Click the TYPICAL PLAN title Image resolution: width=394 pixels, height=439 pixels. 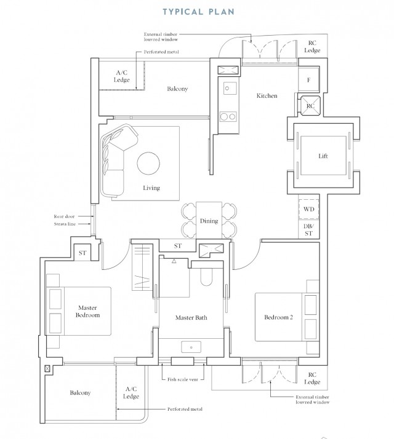tap(197, 11)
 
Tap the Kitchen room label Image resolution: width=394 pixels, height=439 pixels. tap(267, 96)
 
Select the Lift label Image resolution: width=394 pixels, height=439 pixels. tap(323, 156)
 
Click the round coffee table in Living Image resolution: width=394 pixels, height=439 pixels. tap(150, 164)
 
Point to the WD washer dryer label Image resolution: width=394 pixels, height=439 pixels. tap(309, 210)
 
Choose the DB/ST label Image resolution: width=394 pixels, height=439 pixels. tap(309, 229)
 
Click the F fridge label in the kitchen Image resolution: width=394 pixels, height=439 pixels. tap(309, 80)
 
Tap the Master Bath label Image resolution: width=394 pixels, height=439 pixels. tap(191, 318)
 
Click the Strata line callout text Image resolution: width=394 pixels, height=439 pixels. tap(64, 224)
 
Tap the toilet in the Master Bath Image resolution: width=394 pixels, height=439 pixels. tap(207, 278)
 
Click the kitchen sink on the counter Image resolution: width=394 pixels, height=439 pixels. tap(228, 89)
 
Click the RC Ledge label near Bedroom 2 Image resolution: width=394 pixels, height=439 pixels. tap(313, 379)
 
